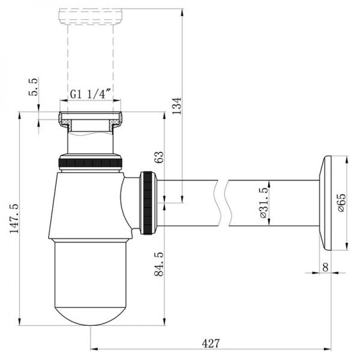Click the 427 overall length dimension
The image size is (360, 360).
point(210,343)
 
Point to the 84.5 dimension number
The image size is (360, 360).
point(160,264)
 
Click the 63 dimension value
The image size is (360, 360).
point(160,157)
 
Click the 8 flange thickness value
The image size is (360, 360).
point(325,267)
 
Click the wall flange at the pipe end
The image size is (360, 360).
point(326,202)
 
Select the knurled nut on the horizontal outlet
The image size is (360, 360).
point(148,202)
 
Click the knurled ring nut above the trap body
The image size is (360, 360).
point(91,162)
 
